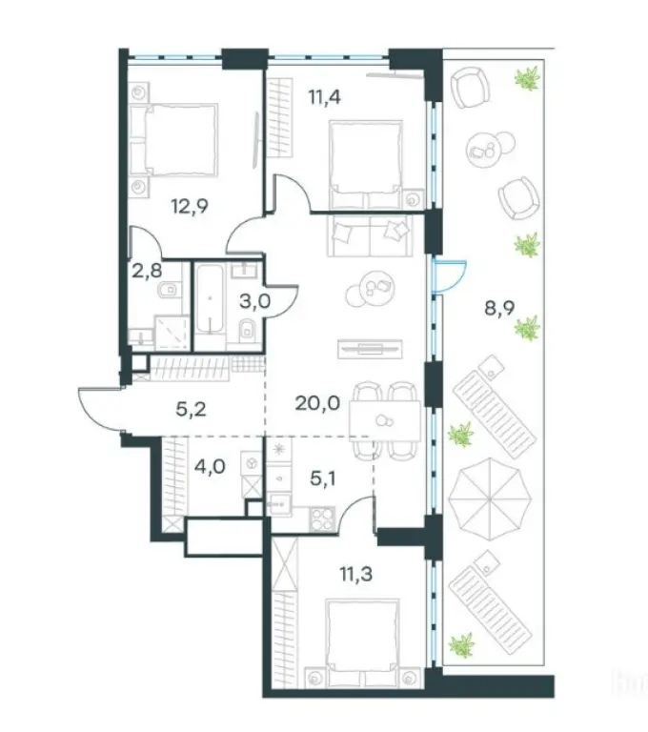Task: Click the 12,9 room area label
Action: [x=190, y=206]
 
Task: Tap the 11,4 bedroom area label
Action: [x=324, y=97]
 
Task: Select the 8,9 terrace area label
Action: [x=499, y=309]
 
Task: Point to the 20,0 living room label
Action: [x=317, y=403]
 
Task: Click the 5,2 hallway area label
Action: [x=191, y=410]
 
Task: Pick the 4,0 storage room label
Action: [x=210, y=466]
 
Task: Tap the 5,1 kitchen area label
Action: [x=323, y=478]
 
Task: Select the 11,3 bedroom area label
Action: [x=355, y=574]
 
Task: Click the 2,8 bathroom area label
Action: [x=147, y=272]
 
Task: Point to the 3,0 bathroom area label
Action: [x=254, y=302]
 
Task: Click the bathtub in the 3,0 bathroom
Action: [x=210, y=299]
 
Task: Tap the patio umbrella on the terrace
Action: [x=490, y=498]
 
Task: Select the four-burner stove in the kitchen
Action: [x=322, y=518]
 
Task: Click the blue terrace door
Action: [x=449, y=276]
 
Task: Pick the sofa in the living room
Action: [x=371, y=234]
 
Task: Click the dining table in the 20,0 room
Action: [x=385, y=420]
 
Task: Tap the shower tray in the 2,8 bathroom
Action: [x=172, y=333]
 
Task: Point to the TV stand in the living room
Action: [x=370, y=348]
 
